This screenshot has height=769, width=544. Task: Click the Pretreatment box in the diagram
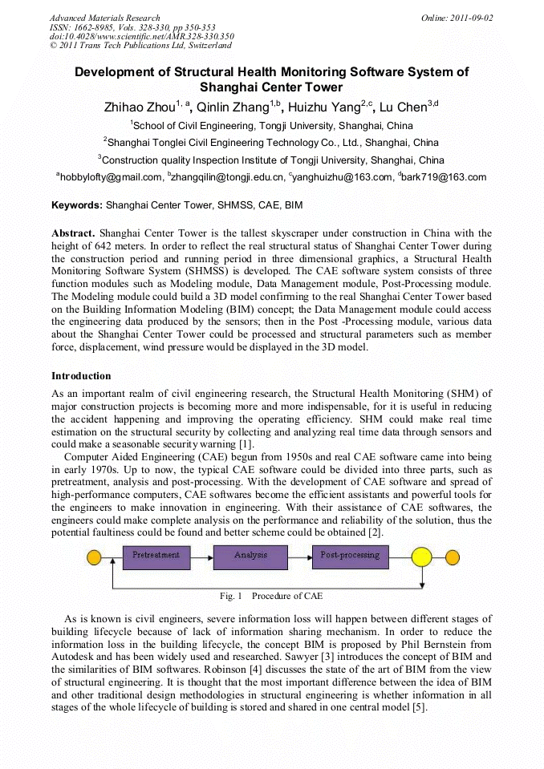[x=156, y=556]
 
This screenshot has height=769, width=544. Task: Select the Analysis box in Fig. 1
[x=251, y=556]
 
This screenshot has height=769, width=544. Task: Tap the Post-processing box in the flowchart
[x=350, y=556]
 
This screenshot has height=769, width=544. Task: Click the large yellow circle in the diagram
[x=421, y=557]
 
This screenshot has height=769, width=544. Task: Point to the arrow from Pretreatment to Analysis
[x=202, y=556]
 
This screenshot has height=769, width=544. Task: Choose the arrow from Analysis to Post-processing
[x=300, y=556]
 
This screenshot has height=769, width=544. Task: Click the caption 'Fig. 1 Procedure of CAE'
[x=271, y=597]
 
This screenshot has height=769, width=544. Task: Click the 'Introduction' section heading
[x=81, y=376]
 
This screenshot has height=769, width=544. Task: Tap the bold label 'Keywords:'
[x=77, y=205]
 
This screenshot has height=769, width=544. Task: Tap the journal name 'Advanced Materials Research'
[x=104, y=18]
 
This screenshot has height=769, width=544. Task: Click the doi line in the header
[x=141, y=36]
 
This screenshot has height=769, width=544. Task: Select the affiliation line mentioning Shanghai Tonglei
[x=271, y=143]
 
